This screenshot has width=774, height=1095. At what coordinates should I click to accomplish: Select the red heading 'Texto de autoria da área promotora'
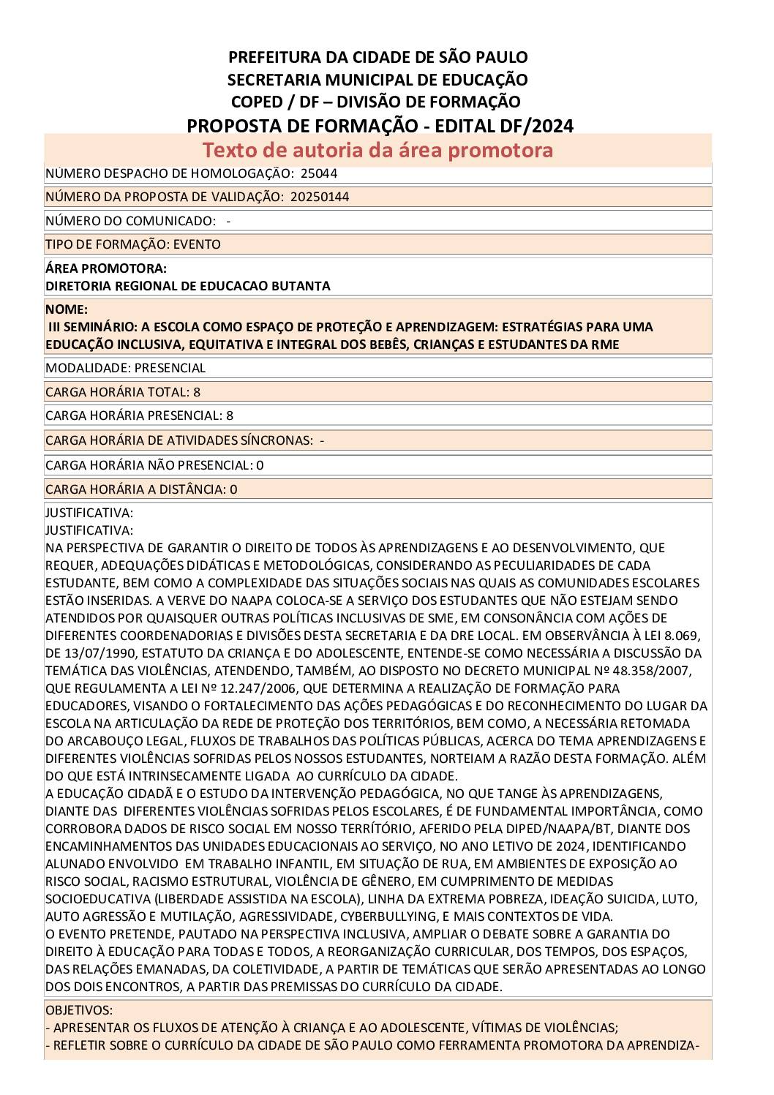[x=377, y=150]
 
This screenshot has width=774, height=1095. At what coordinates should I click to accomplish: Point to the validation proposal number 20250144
[x=319, y=197]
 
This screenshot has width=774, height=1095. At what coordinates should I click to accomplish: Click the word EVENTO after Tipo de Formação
[x=197, y=244]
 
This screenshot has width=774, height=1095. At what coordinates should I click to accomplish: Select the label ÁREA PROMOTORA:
[x=106, y=268]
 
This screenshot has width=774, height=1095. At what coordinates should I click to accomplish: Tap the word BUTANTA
[x=300, y=286]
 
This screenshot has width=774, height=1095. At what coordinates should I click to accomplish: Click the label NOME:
[x=67, y=309]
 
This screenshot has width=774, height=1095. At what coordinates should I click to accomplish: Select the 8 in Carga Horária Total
[x=197, y=392]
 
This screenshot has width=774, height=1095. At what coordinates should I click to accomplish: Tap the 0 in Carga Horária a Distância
[x=233, y=489]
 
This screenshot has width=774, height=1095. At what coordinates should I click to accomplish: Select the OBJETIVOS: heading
[x=79, y=1010]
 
